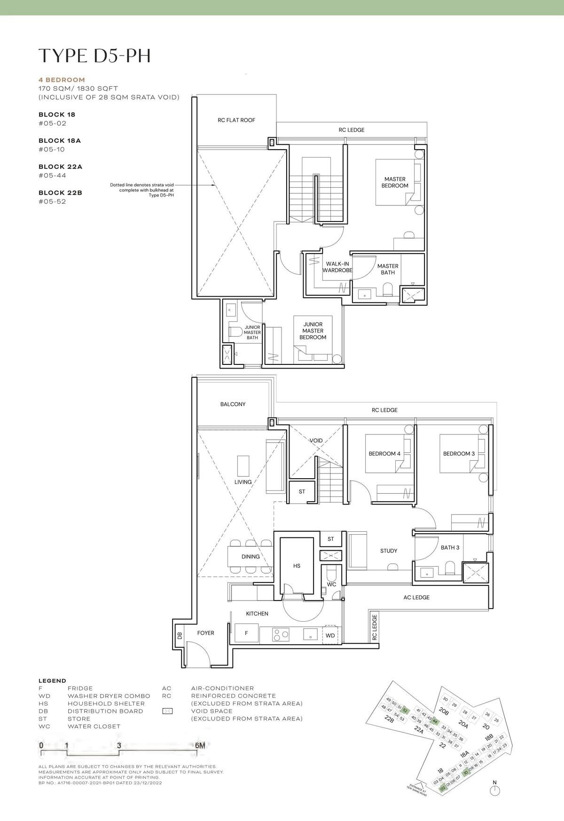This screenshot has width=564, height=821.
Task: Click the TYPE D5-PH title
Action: pyautogui.click(x=94, y=55)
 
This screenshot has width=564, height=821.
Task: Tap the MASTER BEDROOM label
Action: pyautogui.click(x=395, y=182)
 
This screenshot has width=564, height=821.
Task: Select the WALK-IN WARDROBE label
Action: pyautogui.click(x=337, y=267)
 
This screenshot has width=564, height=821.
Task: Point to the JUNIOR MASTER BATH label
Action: pyautogui.click(x=252, y=332)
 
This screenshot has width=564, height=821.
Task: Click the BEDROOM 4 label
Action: pyautogui.click(x=384, y=454)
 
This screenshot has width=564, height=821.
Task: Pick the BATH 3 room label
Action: pyautogui.click(x=450, y=547)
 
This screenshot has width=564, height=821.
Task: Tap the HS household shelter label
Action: pyautogui.click(x=297, y=566)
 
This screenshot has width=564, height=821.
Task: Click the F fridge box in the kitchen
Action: pyautogui.click(x=246, y=634)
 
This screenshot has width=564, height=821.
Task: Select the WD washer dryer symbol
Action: pyautogui.click(x=330, y=635)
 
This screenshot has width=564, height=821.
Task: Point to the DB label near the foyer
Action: pyautogui.click(x=179, y=636)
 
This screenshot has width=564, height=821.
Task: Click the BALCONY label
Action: pyautogui.click(x=233, y=404)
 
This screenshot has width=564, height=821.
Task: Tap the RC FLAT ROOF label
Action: pyautogui.click(x=236, y=120)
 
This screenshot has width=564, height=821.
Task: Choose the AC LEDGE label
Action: pyautogui.click(x=416, y=598)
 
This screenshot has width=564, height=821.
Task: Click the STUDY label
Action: pyautogui.click(x=389, y=551)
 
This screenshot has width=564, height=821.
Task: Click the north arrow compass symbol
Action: pyautogui.click(x=494, y=791)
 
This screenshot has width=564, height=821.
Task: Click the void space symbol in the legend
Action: pyautogui.click(x=167, y=711)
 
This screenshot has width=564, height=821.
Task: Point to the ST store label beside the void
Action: pyautogui.click(x=302, y=492)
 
